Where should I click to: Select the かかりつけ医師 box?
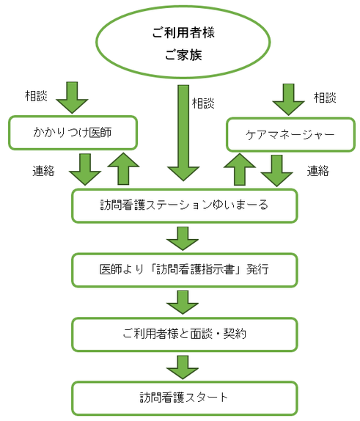click(x=73, y=133)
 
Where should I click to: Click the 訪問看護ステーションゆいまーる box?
click(x=184, y=205)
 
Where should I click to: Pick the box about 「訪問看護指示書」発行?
click(x=184, y=269)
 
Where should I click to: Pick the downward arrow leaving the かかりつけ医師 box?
click(x=85, y=169)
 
